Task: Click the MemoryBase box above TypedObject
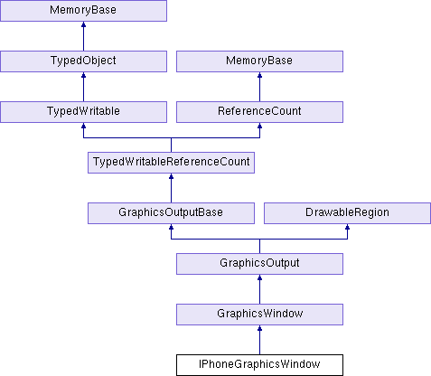tap(83, 11)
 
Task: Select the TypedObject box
tap(83, 61)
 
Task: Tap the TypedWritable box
tap(83, 112)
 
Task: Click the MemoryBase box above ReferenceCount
tap(259, 61)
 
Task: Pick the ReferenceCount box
tap(259, 112)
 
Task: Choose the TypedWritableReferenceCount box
tap(171, 163)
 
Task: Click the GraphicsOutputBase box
tap(171, 213)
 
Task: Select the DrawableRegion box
tap(347, 213)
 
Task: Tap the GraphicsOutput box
tap(259, 264)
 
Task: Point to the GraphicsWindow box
tap(259, 315)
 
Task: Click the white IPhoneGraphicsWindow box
tap(259, 365)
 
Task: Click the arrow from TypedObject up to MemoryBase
tap(83, 36)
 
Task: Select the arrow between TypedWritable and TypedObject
tap(83, 87)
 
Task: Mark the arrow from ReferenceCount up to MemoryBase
tap(259, 87)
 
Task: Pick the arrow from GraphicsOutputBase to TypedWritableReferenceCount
tap(171, 188)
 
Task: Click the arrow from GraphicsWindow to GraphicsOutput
tap(259, 289)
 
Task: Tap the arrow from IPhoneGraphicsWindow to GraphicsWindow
tap(259, 340)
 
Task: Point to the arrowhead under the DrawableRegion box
tap(347, 227)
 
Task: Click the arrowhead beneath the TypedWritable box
tap(83, 126)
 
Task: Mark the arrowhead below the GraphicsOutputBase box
tap(171, 227)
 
